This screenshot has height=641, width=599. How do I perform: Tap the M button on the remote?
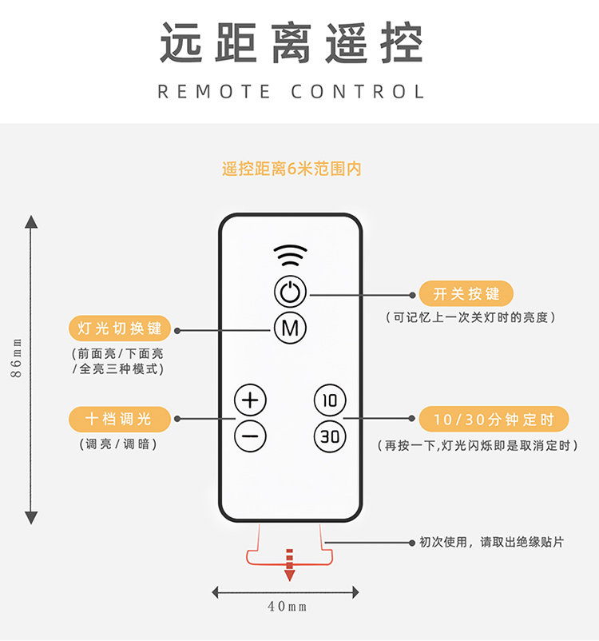pos(290,328)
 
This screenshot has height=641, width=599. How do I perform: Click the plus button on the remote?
pos(250,400)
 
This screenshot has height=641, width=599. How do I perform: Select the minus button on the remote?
pos(250,436)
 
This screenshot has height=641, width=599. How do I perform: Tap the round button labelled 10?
pos(330,400)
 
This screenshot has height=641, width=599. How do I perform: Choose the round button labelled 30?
pos(330,436)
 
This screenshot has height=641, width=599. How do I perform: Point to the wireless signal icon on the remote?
pos(290,255)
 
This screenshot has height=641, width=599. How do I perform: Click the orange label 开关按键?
pos(466,293)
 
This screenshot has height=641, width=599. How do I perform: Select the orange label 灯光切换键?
pos(119,328)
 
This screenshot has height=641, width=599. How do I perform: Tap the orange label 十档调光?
pos(119,419)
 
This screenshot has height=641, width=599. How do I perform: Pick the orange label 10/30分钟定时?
pos(494,419)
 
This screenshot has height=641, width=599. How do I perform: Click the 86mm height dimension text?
pos(16,358)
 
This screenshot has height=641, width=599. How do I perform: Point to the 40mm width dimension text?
pos(288,607)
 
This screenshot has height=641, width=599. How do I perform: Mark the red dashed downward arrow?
pos(289,565)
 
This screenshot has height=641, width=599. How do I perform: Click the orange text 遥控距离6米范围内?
pos(292,169)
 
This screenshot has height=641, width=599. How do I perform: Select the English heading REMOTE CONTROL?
pos(291,92)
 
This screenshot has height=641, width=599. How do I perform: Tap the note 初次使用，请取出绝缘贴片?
pos(491,543)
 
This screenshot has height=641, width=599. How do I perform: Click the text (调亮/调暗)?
pos(118,444)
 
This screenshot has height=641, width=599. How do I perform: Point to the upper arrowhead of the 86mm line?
pos(31,221)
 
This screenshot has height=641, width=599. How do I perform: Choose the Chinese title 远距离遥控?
pos(292,42)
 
